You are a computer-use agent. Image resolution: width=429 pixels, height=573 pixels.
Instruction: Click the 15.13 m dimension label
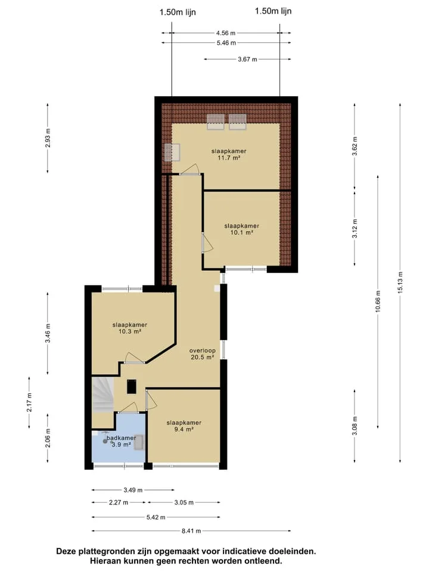pos(400,282)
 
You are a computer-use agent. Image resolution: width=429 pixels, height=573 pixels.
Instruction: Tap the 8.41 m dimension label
pos(191,531)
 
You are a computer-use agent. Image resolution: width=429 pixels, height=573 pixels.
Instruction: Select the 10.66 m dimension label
pos(378,301)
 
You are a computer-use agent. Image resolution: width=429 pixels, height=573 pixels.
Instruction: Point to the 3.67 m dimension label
pos(247,59)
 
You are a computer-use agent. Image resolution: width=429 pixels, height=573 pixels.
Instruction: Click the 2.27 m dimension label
pos(119,503)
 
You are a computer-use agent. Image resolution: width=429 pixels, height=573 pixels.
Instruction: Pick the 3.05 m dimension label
pos(184,503)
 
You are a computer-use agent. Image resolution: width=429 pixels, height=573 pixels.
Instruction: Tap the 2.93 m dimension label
pos(48,138)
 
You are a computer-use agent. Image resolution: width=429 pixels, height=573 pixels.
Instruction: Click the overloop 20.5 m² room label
pos(203,354)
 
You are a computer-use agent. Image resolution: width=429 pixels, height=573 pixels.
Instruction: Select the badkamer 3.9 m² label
pos(121,441)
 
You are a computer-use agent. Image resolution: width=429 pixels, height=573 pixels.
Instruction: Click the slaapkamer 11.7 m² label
pos(229,155)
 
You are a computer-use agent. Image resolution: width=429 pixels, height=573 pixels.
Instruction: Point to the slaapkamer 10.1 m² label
pos(241,229)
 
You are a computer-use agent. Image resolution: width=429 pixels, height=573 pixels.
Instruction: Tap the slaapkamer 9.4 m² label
pos(184,426)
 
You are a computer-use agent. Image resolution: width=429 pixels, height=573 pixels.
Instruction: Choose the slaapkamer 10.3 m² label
pos(129,328)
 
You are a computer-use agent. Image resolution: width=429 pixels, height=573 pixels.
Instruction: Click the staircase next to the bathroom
pos(102,395)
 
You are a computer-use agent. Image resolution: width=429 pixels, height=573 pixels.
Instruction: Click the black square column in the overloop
pos(131,387)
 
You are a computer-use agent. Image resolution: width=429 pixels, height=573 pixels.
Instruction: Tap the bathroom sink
pos(139,443)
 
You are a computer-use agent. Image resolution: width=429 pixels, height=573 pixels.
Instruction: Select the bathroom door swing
pos(129,407)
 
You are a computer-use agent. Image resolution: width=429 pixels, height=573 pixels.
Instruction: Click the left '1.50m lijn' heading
pos(178,13)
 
